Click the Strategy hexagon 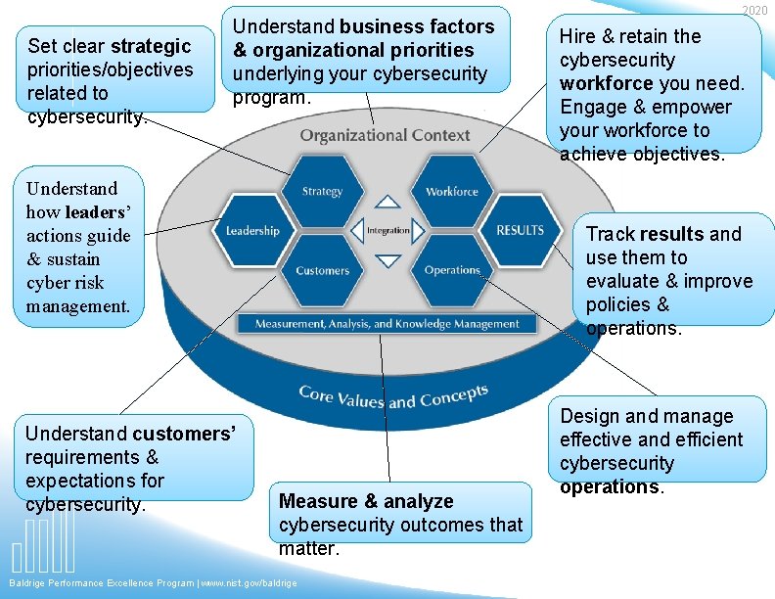coord(322,192)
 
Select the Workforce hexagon coord(452,192)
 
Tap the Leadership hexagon coord(252,231)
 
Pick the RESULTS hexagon coord(520,231)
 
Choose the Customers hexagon coord(322,270)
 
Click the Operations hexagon coord(452,270)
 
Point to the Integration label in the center coord(388,231)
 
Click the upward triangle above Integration coord(388,202)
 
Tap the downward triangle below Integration coord(388,261)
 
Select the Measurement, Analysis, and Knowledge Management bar coord(387,324)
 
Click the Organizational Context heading coord(385,135)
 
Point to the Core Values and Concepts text coord(393,396)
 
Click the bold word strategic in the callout coord(151,46)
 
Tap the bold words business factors coord(417,26)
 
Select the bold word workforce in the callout coord(606,83)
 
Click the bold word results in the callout coord(671,234)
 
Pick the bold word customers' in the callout coord(184,434)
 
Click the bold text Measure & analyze coord(366,501)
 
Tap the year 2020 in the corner coord(754,10)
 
